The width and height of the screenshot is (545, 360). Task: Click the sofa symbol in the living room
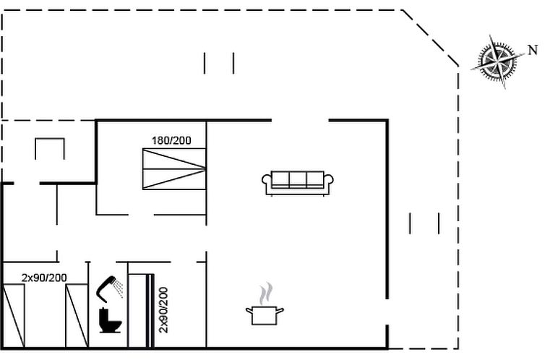tap(298, 183)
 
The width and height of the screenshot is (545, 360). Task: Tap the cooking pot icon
tap(265, 315)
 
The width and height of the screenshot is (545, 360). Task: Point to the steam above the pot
tap(266, 293)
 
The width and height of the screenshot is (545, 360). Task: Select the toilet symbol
tap(110, 320)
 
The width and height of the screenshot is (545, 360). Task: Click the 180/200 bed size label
tap(171, 140)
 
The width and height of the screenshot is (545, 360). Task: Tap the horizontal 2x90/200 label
tap(44, 278)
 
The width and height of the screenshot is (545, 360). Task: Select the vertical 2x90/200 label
tap(163, 310)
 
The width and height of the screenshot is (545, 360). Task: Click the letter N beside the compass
tap(533, 51)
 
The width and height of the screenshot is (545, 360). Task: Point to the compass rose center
tap(497, 61)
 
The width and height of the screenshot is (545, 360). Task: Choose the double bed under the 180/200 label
tap(174, 169)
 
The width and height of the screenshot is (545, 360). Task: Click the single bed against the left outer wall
tap(14, 315)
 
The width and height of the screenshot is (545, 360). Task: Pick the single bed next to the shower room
tap(77, 315)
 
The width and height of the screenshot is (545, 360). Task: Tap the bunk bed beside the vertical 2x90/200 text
tap(141, 311)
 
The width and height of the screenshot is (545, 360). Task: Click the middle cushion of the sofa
tap(298, 180)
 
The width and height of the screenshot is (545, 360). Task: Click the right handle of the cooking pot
tap(280, 310)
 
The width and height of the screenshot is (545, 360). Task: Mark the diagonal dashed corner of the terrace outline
tap(430, 38)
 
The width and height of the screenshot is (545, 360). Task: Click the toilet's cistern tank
tap(103, 315)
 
